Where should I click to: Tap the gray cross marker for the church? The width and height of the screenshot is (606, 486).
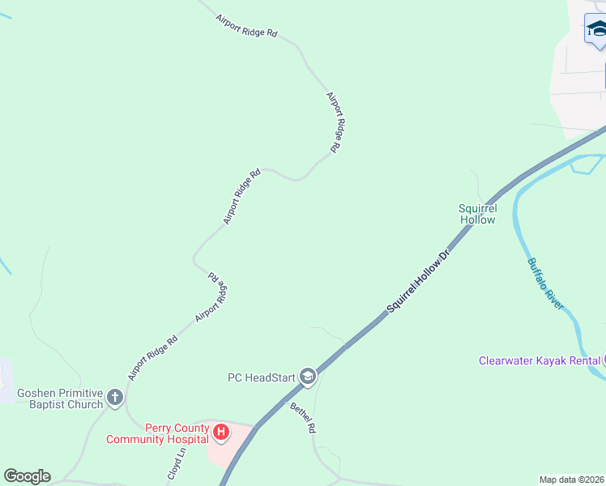[x=114, y=398]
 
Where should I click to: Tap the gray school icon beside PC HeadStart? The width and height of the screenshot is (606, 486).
[x=307, y=377]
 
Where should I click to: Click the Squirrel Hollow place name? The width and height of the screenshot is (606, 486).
[x=477, y=214]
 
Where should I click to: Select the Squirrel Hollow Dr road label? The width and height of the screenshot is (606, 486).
[x=417, y=282]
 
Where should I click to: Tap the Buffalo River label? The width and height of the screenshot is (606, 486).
[x=544, y=283]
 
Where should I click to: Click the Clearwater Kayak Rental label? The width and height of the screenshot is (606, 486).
[x=539, y=360]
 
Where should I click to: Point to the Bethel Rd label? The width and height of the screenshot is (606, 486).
[x=301, y=418]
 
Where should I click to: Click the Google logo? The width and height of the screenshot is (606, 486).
[x=27, y=476]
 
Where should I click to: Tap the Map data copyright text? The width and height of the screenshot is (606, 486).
[x=572, y=480]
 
